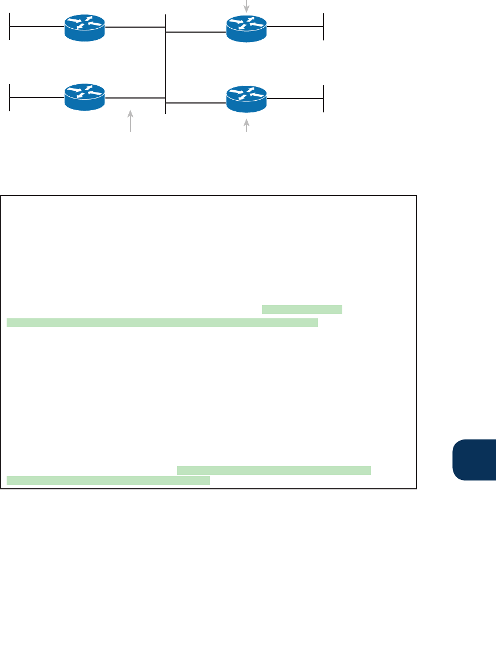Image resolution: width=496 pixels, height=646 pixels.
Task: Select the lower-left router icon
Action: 85,97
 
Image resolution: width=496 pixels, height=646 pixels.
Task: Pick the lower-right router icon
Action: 247,98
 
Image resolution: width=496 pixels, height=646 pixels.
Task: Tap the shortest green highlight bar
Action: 302,309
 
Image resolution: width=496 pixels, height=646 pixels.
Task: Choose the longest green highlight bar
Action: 162,323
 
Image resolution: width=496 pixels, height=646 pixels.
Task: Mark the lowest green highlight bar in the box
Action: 108,480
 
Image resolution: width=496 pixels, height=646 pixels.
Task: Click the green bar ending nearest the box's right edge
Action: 273,471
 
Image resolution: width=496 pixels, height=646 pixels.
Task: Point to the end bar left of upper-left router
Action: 10,27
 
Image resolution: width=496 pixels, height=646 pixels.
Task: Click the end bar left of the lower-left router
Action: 10,97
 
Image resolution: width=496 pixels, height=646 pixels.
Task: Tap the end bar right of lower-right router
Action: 323,98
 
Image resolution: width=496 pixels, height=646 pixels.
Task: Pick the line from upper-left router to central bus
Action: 135,26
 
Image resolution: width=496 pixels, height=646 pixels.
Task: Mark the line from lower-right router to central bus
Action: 196,102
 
